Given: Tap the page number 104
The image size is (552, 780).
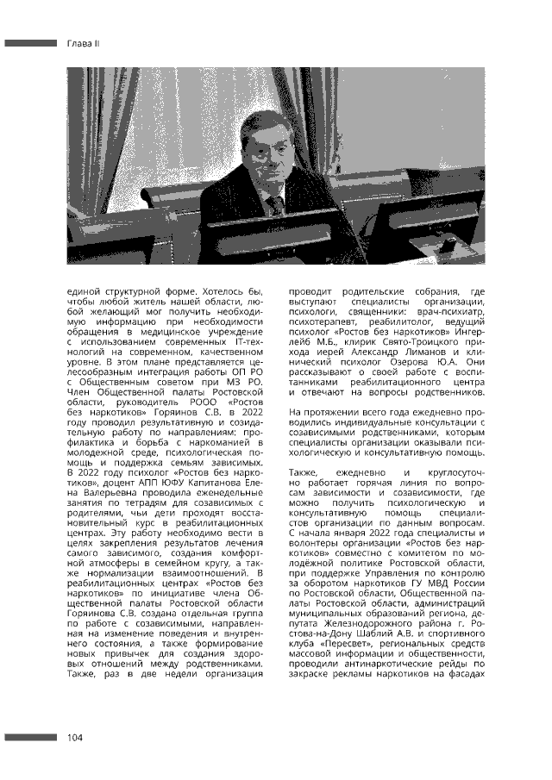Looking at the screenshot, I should coord(75,738).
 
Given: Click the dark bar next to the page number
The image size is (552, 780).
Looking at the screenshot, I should coord(30,738).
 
